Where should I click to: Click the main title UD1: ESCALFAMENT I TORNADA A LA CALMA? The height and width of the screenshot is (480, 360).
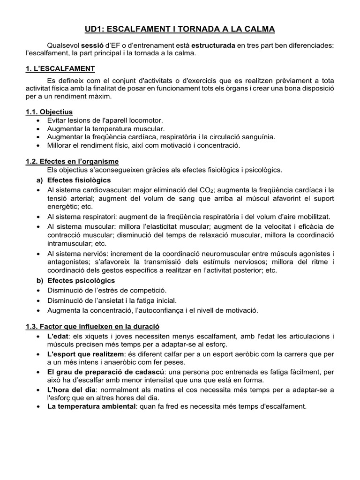tap(180, 29)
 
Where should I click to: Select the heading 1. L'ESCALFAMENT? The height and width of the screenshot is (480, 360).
tap(60, 69)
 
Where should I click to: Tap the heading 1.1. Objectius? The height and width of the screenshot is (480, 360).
tap(49, 112)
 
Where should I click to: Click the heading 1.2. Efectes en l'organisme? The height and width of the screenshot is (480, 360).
tap(72, 161)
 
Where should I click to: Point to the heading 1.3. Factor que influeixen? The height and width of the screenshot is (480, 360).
tap(93, 326)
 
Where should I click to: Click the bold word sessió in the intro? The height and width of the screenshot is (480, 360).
tap(92, 45)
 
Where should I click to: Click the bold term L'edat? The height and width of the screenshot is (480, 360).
tap(58, 337)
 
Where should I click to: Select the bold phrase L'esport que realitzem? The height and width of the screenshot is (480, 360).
tap(86, 354)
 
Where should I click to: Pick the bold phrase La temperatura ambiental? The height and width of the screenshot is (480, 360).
tap(91, 406)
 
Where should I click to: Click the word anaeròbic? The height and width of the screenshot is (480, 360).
tap(111, 362)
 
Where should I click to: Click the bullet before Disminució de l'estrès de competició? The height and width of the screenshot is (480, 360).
tap(38, 291)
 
